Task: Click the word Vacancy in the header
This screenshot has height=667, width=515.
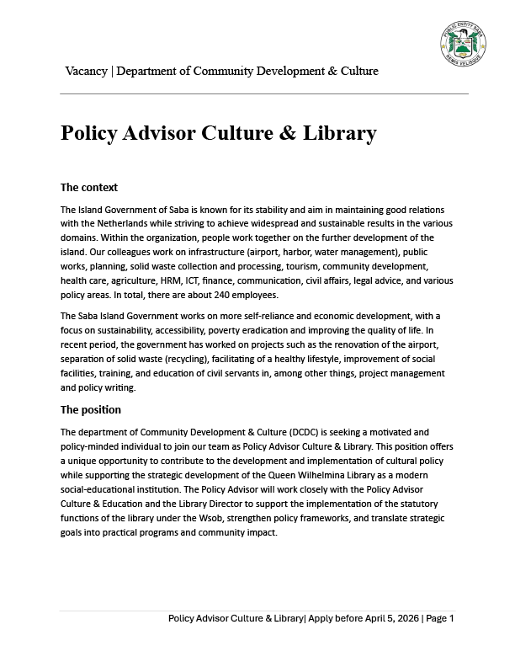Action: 86,71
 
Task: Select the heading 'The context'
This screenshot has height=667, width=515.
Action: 89,187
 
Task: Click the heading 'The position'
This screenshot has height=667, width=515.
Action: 91,409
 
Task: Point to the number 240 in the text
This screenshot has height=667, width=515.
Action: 196,295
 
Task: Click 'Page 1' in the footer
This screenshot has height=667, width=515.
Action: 440,618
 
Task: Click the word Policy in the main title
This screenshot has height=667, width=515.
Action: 92,133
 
